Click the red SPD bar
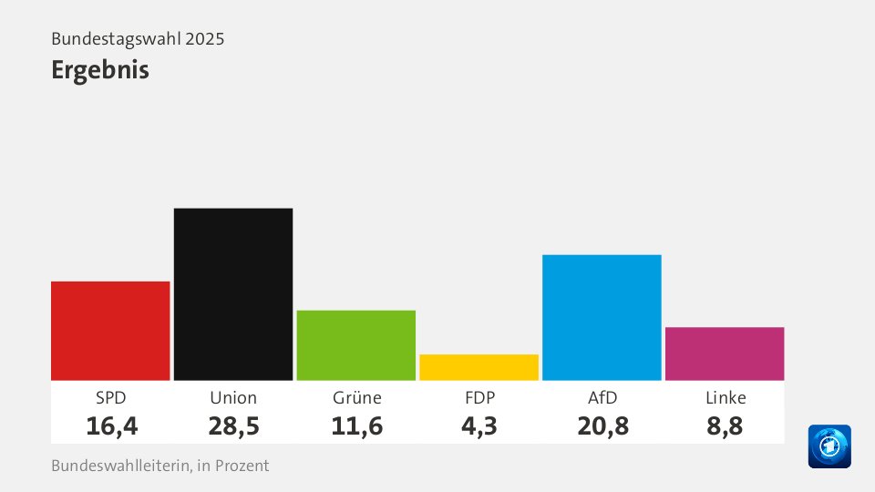point(110,330)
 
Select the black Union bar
point(233,293)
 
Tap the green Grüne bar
point(356,344)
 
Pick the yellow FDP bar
point(479,366)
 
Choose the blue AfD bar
point(602,317)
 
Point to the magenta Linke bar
point(725,353)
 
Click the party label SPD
point(110,398)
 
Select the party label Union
point(233,398)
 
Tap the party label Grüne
point(356,398)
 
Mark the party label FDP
point(479,398)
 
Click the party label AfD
point(602,398)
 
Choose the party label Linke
point(725,398)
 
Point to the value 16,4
point(110,425)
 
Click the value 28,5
point(233,425)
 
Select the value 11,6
point(356,425)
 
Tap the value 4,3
point(479,425)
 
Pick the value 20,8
point(602,425)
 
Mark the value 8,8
point(725,425)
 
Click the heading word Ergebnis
point(100,70)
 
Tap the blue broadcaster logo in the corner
point(829,446)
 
